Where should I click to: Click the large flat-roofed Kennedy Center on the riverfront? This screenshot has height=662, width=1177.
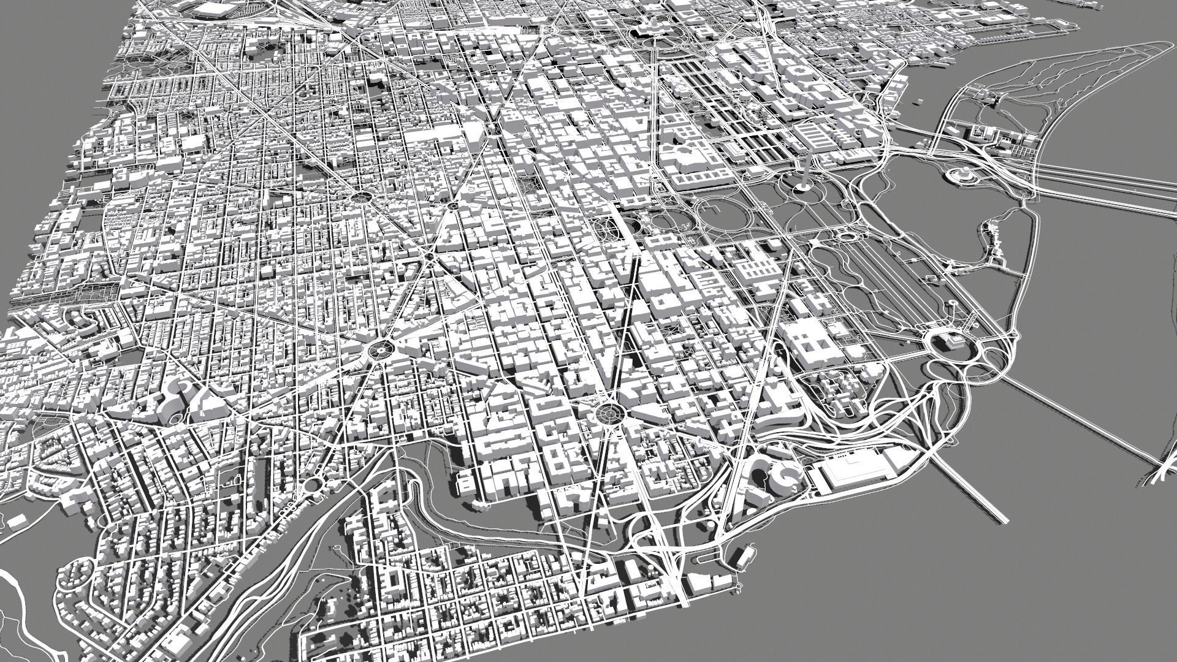pyautogui.click(x=857, y=471)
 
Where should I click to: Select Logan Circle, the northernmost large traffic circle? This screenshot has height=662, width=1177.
pyautogui.click(x=362, y=196)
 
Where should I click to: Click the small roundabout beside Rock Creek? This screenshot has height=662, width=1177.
pyautogui.click(x=313, y=484)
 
